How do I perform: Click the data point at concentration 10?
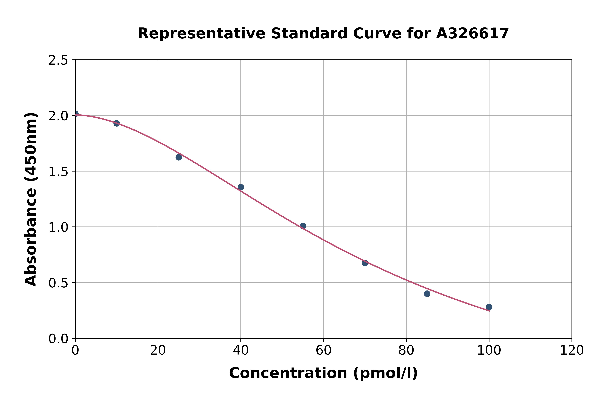(117, 123)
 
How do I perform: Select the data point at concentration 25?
(179, 157)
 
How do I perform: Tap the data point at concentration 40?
(241, 187)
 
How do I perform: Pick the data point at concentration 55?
(303, 226)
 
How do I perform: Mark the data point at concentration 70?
(365, 263)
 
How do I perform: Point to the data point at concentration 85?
(427, 294)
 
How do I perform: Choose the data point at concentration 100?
(489, 307)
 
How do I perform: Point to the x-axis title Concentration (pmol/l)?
(323, 373)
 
